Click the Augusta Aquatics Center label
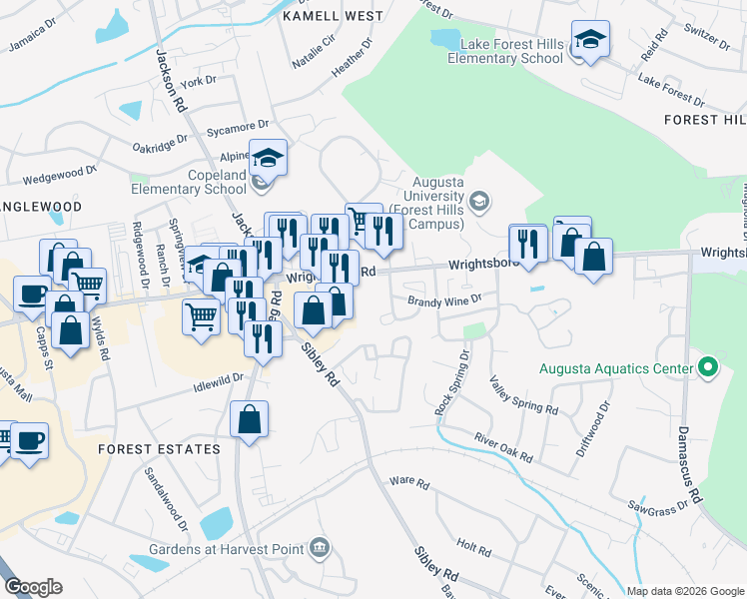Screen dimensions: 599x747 tap(615, 368)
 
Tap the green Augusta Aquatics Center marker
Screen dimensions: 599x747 tap(709, 367)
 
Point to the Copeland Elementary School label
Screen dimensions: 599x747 tap(189, 181)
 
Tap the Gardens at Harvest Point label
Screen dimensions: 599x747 tap(228, 548)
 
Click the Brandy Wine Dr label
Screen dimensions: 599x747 tap(443, 299)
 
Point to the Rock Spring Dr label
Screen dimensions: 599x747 tap(451, 381)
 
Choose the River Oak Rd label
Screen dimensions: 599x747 tap(503, 446)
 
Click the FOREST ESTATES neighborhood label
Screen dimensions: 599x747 tap(159, 449)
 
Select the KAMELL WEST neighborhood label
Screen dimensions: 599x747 tap(333, 16)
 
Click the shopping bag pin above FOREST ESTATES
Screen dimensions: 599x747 tap(249, 420)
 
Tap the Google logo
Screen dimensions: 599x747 tap(33, 587)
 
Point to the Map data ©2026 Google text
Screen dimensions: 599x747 tap(684, 591)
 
